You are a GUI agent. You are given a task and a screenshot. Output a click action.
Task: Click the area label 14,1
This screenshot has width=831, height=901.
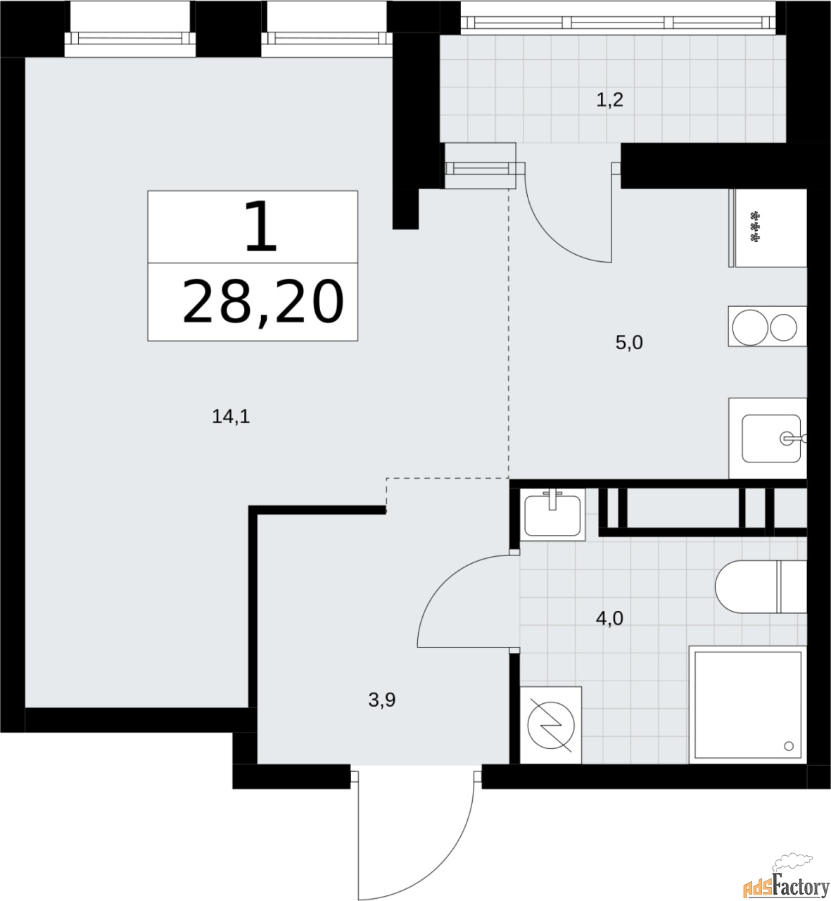pos(231,417)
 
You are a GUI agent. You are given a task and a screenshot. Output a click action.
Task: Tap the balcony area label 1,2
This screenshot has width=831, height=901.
pos(609,101)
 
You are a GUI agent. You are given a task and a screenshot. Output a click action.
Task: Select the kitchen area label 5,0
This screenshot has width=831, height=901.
pos(629,344)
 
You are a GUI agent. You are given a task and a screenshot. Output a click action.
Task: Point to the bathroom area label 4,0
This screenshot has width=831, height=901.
pos(609,619)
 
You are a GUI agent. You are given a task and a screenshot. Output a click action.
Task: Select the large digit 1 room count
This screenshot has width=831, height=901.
pos(260,227)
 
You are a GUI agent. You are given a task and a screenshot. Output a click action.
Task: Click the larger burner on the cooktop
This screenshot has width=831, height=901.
pos(747,328)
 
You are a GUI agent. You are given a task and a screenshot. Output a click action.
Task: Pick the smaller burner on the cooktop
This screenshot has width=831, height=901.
pos(784,328)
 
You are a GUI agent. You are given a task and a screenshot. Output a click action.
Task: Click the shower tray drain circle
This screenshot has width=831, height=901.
pos(788,745)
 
